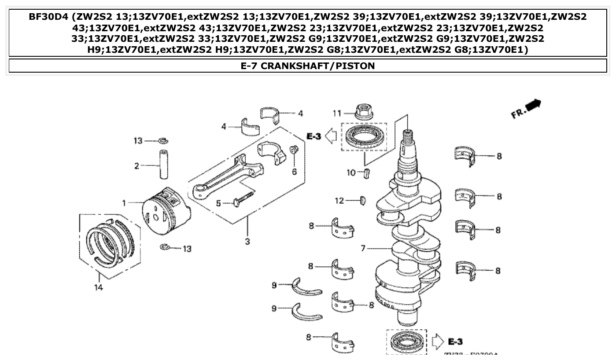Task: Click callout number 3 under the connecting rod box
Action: (247, 241)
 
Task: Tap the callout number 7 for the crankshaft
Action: (363, 249)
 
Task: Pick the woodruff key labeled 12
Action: (363, 201)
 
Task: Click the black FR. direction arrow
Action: (534, 105)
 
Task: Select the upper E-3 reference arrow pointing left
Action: (331, 136)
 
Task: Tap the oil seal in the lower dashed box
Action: (406, 342)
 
